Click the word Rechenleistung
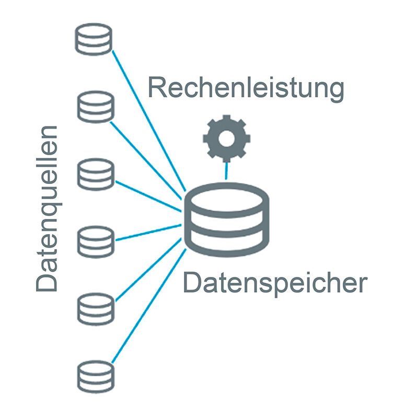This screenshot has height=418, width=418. click(246, 88)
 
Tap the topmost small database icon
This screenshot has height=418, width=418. click(94, 39)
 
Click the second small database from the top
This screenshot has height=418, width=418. click(95, 107)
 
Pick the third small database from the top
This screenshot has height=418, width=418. click(96, 175)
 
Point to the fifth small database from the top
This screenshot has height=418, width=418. click(96, 309)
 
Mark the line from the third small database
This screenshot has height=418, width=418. click(149, 195)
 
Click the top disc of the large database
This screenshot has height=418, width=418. click(226, 196)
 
